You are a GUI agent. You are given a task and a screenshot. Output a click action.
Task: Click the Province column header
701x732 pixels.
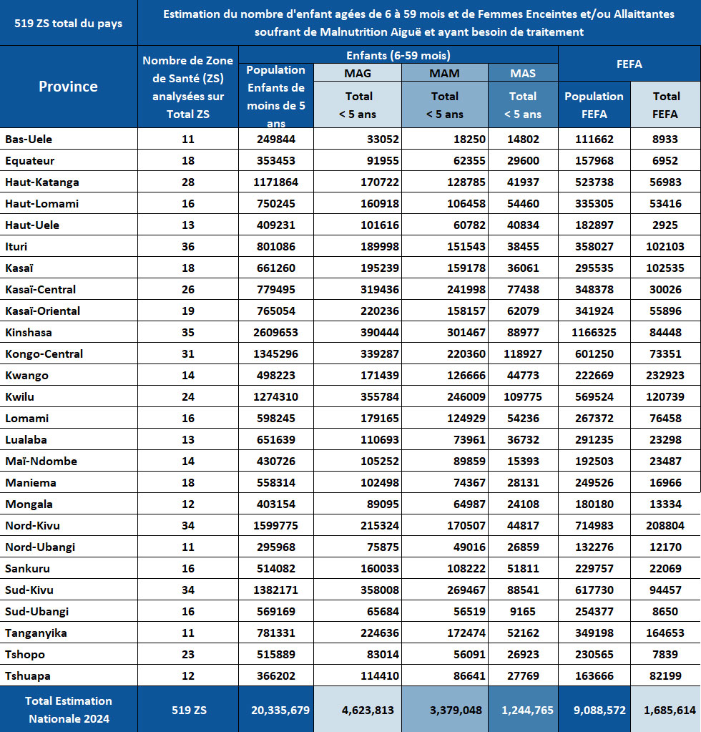(x=68, y=87)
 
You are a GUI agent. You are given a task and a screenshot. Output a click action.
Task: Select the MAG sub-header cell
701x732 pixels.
(x=358, y=73)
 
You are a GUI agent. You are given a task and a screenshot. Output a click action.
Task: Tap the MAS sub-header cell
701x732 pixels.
(x=523, y=73)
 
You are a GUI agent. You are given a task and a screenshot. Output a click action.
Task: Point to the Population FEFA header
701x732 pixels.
(x=594, y=105)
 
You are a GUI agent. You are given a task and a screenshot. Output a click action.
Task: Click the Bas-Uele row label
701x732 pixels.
(x=29, y=139)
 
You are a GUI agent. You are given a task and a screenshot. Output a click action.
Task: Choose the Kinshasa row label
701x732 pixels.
(x=29, y=333)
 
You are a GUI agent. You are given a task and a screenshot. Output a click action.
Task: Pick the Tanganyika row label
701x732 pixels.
(x=36, y=633)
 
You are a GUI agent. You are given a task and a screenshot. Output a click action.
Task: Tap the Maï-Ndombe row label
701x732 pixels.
(x=41, y=462)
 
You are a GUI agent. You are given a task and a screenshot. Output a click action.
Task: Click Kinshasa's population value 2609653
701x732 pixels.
(x=276, y=333)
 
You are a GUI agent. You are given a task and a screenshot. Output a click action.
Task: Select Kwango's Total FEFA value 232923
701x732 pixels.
(x=665, y=376)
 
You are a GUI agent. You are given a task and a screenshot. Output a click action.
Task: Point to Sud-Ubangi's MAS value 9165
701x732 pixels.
(x=523, y=612)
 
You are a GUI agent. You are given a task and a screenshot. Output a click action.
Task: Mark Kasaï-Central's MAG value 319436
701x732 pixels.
(x=379, y=290)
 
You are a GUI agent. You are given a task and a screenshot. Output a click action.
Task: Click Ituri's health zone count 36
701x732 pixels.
(x=188, y=246)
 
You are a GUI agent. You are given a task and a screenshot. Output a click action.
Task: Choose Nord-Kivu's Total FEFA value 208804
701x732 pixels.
(x=665, y=526)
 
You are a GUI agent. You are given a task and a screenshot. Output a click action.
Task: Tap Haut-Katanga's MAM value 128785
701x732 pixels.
(x=466, y=182)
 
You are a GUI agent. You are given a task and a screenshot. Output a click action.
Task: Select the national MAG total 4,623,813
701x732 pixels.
(x=368, y=710)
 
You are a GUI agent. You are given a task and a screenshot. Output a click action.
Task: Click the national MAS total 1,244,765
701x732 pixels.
(x=527, y=710)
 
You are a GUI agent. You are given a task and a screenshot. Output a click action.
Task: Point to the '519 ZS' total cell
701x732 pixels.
(x=189, y=710)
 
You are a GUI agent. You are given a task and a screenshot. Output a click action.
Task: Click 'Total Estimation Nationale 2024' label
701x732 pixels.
(x=69, y=710)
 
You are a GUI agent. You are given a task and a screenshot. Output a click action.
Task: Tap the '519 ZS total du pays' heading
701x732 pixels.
(x=68, y=24)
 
